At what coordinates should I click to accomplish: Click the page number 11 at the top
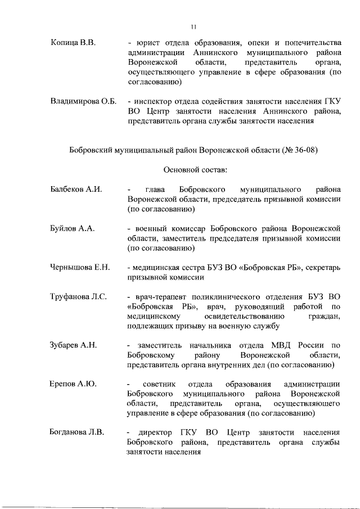point(193,26)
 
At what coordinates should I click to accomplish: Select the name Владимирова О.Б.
point(83,102)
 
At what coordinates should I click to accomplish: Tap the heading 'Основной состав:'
point(195,169)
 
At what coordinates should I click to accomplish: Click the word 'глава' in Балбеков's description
point(154,190)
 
